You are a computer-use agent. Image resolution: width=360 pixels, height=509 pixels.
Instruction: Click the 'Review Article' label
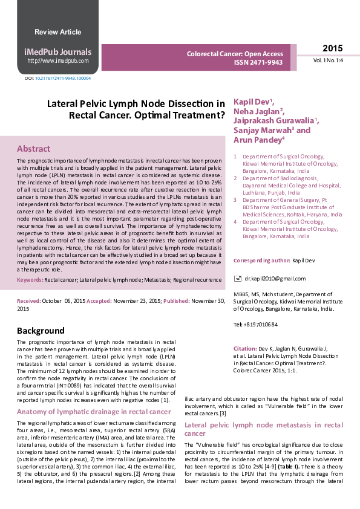point(57,32)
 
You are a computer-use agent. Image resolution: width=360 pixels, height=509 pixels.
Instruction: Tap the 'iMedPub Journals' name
point(57,52)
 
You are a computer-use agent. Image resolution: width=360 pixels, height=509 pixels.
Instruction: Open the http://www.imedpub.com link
point(57,60)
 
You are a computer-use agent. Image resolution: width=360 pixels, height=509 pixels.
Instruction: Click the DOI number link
point(63,79)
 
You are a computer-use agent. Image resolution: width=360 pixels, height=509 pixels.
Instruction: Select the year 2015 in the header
point(332,49)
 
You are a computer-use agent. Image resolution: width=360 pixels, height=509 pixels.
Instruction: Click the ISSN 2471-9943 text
point(258,62)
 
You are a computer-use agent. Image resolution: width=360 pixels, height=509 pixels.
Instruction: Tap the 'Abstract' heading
point(33,149)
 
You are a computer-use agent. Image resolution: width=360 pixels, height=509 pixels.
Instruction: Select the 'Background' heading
point(41,331)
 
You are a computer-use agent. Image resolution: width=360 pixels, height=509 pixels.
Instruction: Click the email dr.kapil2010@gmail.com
point(275,278)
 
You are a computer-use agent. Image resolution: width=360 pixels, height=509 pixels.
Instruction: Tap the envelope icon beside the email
point(237,278)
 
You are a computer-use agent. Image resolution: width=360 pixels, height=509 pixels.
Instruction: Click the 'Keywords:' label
point(30,280)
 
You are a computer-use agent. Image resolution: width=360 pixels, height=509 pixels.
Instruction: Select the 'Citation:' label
point(245,349)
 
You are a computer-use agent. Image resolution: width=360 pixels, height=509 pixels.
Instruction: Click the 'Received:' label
point(28,300)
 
